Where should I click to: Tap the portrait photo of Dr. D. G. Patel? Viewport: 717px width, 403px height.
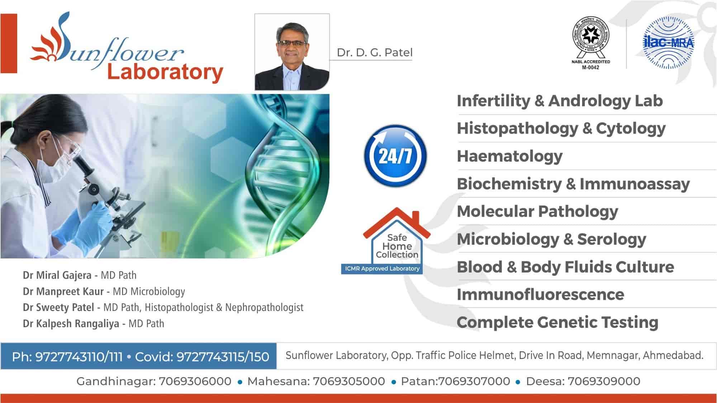[x=292, y=52]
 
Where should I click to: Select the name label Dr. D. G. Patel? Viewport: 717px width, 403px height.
[x=374, y=53]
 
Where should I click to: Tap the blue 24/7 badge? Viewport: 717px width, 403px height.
[x=395, y=155]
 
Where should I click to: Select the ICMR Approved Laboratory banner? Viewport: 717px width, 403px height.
[x=382, y=269]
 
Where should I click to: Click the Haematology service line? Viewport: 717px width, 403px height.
[x=509, y=156]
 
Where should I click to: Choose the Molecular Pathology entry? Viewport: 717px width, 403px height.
[x=537, y=211]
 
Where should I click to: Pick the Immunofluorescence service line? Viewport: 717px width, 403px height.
[x=540, y=294]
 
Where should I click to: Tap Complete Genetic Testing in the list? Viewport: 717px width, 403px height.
[x=557, y=322]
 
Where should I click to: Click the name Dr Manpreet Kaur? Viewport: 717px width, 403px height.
[x=63, y=292]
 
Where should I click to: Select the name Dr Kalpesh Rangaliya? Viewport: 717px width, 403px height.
[x=71, y=324]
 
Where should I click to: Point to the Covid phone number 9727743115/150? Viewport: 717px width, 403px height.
[x=223, y=357]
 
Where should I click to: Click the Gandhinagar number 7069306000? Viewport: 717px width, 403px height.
[x=195, y=381]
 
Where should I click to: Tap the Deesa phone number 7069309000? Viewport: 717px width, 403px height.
[x=604, y=381]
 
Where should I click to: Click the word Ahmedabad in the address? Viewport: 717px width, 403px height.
[x=673, y=355]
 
